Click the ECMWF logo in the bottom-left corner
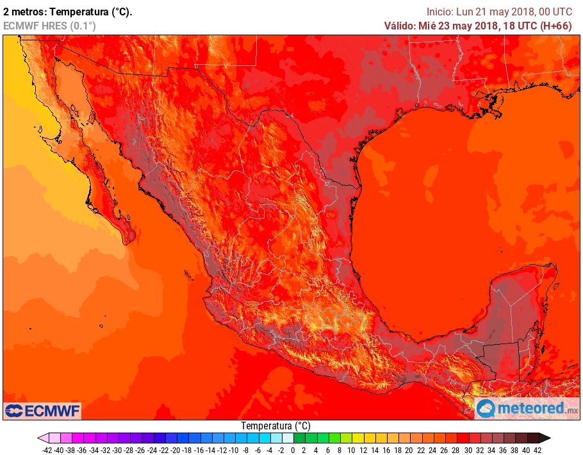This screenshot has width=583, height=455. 42,410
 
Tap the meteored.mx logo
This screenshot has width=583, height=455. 527,408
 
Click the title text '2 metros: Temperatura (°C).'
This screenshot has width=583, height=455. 68,12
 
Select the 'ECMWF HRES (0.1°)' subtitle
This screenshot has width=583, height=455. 49,26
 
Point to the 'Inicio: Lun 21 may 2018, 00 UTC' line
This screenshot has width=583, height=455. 499,12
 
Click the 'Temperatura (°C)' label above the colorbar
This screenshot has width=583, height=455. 275,426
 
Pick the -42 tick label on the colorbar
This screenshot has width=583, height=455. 47,451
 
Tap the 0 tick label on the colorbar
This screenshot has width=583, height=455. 293,451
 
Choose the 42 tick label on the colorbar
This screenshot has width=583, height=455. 538,451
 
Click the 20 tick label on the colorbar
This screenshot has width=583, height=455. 409,451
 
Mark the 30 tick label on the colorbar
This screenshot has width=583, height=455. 468,451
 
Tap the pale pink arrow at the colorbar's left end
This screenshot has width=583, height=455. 42,438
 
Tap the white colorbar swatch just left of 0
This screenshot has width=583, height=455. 287,438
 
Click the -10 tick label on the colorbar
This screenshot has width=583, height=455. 234,451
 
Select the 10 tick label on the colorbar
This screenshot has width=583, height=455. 350,451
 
